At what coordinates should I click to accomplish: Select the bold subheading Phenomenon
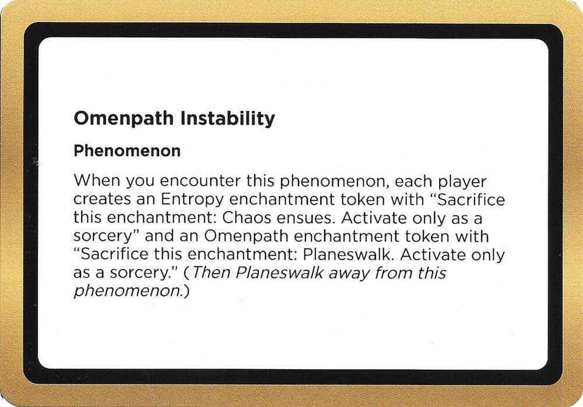[x=127, y=151]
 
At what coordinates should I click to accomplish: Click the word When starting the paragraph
[x=94, y=181]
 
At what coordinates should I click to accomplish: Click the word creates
[x=98, y=200]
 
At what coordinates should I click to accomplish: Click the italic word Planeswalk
[x=278, y=272]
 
